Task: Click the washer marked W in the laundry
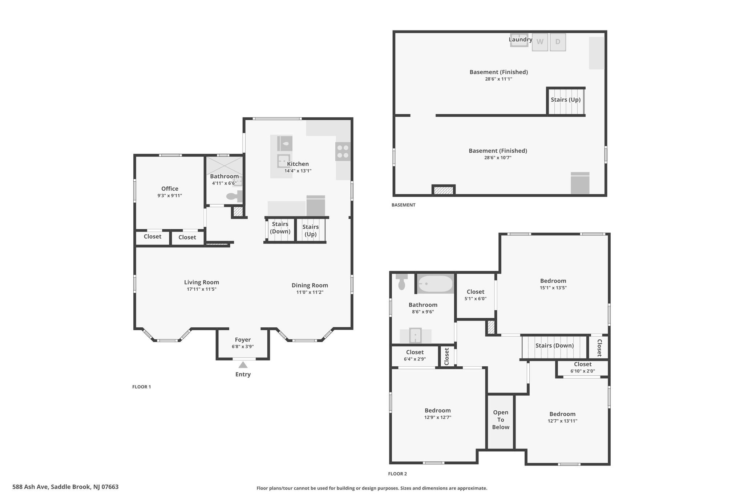point(540,42)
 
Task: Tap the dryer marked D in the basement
point(558,42)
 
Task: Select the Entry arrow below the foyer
point(243,365)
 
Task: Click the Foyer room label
point(243,340)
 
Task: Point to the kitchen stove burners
point(343,152)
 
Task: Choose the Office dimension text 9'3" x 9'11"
point(170,195)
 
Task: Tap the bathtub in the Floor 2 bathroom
point(435,283)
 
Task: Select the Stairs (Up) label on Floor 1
point(311,230)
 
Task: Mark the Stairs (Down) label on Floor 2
point(554,346)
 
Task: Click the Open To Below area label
point(501,420)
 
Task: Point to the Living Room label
point(202,282)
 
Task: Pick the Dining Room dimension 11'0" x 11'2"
point(310,292)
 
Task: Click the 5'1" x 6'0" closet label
point(476,299)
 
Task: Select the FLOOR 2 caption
point(397,474)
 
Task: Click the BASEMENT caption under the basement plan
point(403,205)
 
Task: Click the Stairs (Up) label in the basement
point(566,100)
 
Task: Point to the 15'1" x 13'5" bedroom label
point(553,288)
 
